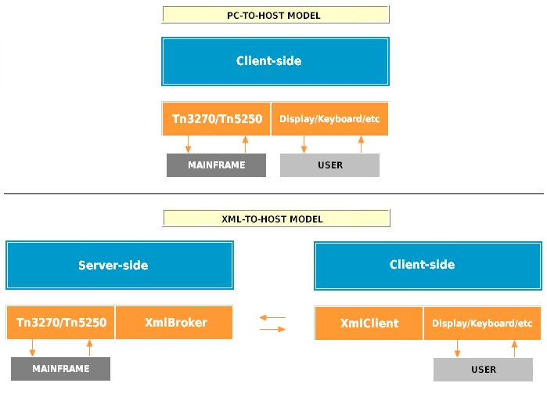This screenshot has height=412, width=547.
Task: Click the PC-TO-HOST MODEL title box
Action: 275,15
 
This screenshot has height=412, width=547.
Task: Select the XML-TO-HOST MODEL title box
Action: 275,219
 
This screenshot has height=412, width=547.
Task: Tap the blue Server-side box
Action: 119,266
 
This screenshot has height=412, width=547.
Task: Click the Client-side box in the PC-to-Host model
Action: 275,61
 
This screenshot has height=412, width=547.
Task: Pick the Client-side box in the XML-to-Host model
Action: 427,265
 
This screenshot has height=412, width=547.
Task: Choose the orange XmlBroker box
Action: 175,323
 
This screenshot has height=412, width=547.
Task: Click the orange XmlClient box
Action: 369,323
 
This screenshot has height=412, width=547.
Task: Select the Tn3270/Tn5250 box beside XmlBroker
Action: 61,323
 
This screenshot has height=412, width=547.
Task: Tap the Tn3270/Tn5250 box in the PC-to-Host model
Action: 216,119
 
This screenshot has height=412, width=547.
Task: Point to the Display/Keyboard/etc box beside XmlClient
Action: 482,323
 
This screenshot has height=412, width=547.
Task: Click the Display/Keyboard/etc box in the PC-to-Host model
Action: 329,119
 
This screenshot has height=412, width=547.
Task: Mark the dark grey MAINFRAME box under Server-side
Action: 61,368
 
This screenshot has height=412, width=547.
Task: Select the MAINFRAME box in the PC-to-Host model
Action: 216,165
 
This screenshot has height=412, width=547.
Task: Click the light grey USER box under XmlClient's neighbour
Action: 483,369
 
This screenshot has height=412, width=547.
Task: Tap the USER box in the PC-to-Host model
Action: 329,165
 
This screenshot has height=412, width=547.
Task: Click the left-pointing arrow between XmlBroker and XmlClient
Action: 272,317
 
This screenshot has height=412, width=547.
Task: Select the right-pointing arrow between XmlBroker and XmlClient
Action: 272,329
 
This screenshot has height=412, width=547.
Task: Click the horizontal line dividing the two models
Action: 274,193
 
